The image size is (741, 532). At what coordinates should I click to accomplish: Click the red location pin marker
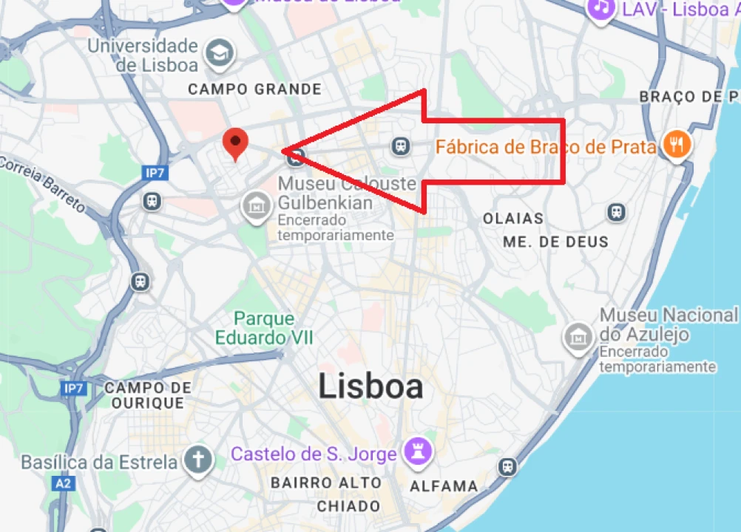235,143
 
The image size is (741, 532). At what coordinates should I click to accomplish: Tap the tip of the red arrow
284,151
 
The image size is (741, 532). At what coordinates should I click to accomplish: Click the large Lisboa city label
370,386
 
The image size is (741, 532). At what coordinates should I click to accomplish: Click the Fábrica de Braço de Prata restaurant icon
676,146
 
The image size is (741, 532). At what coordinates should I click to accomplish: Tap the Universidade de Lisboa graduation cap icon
219,53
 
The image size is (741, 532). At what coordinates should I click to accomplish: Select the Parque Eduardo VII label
264,329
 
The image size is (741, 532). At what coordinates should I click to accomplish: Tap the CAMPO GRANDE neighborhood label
254,89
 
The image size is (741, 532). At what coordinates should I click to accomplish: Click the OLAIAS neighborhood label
512,219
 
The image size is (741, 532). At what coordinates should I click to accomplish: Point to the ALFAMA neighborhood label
444,486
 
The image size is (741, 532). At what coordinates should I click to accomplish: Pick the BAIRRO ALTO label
326,482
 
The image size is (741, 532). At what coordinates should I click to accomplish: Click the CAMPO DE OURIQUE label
148,395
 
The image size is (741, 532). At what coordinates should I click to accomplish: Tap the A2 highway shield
64,483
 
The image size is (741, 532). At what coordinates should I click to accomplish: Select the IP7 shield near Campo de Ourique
74,388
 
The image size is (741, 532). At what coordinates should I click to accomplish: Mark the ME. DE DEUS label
555,242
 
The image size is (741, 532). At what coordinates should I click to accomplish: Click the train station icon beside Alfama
507,466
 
